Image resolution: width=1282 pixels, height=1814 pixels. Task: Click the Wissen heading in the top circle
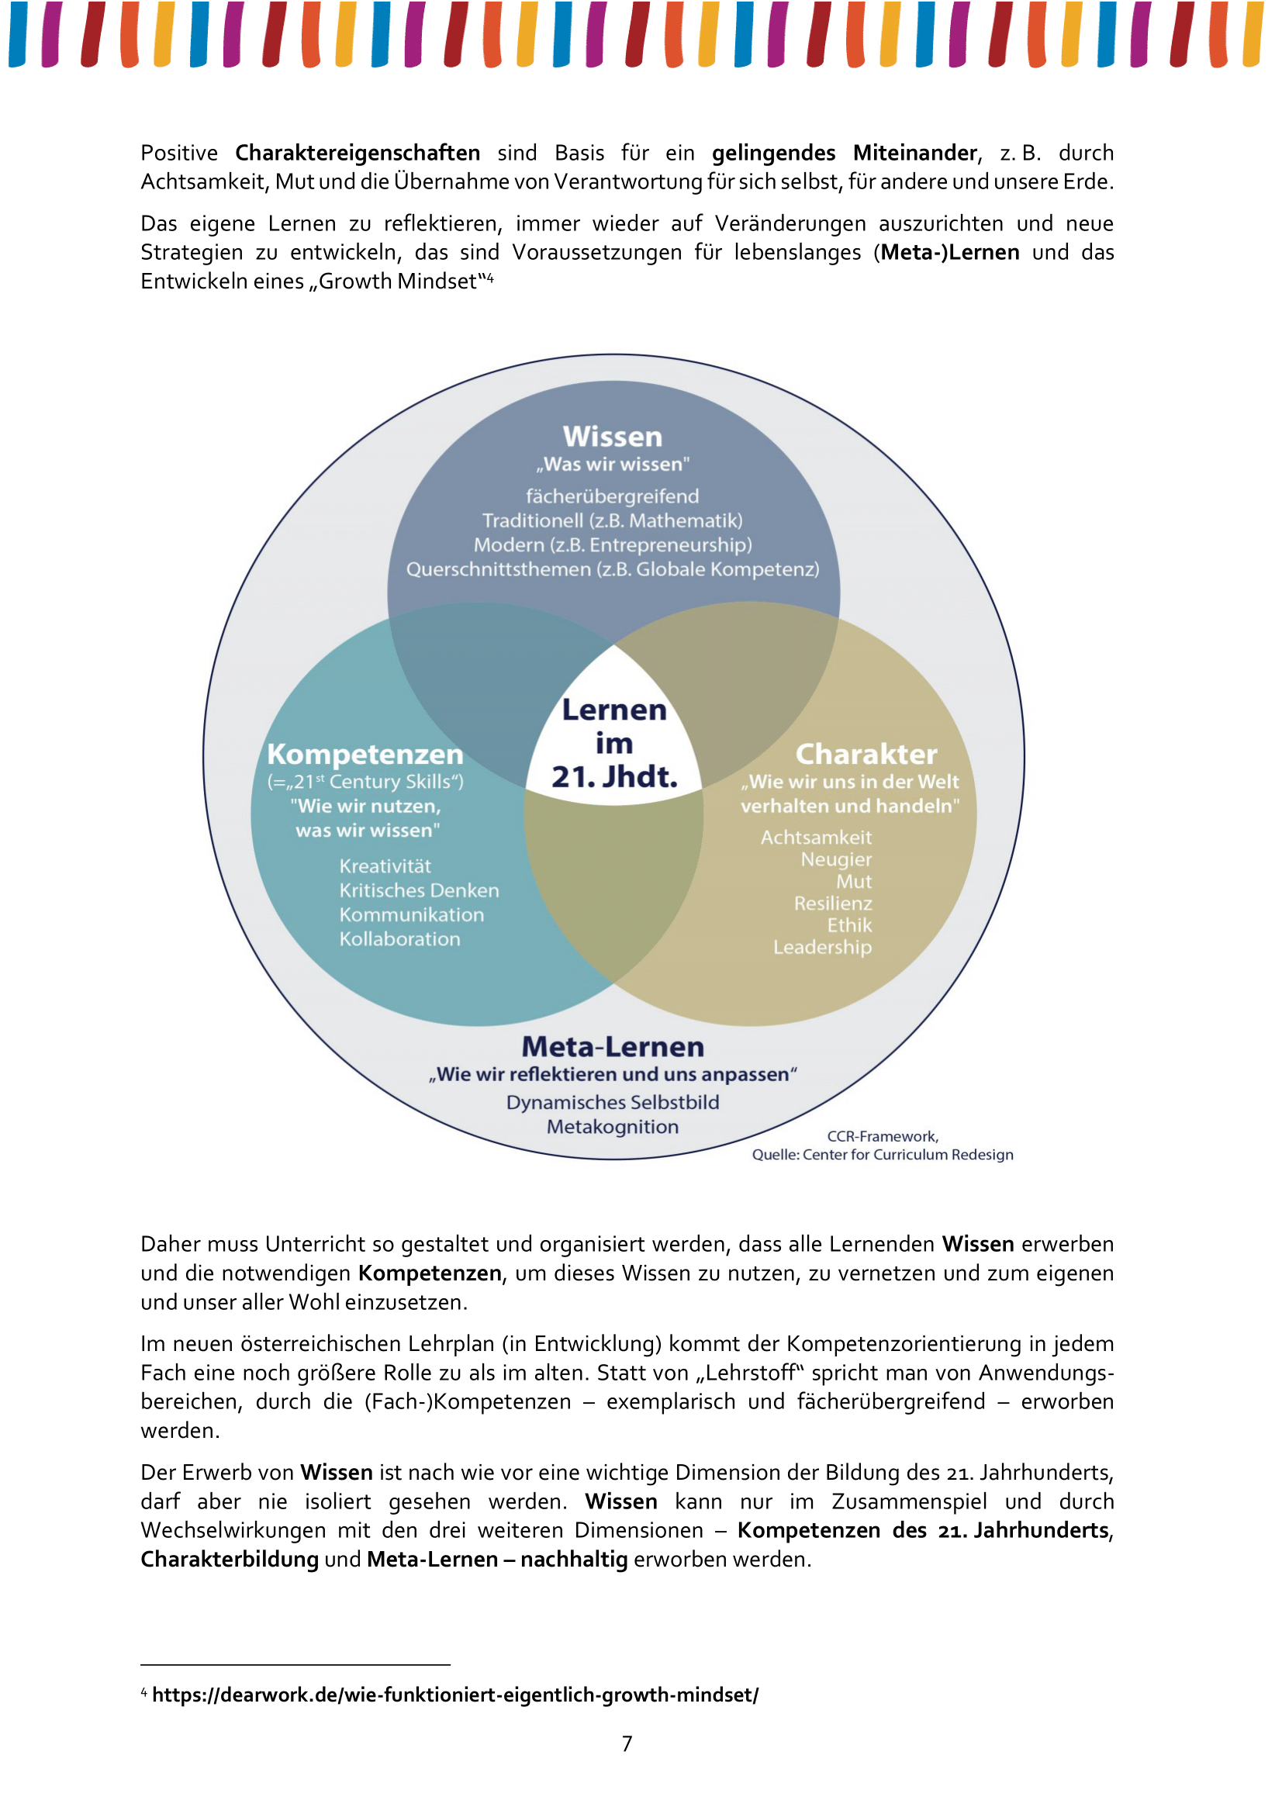612,437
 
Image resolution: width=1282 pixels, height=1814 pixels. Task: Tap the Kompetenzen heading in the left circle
365,755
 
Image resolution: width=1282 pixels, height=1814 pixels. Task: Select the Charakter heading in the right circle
866,755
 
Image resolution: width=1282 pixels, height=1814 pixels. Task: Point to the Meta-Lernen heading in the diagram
612,1047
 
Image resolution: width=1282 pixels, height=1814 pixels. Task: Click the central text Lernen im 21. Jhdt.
613,744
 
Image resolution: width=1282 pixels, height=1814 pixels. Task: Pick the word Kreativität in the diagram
385,866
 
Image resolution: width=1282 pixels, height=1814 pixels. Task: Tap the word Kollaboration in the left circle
399,939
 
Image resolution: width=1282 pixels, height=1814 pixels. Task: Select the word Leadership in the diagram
822,947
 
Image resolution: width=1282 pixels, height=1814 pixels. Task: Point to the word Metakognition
612,1127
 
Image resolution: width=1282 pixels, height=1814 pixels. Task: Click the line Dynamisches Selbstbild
612,1102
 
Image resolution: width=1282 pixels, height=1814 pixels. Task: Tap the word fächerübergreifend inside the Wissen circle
612,496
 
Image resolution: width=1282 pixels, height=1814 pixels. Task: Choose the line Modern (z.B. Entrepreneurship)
612,545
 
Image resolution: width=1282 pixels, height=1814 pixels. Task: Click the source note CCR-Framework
883,1136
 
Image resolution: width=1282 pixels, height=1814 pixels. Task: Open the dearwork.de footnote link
455,1695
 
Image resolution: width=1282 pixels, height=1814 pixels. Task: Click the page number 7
627,1743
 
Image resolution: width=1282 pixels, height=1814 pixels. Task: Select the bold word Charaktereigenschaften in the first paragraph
357,153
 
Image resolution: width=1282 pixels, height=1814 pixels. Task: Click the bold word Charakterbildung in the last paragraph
229,1560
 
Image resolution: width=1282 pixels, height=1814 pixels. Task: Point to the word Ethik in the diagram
849,925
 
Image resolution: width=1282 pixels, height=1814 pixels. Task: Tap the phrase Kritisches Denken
419,890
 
